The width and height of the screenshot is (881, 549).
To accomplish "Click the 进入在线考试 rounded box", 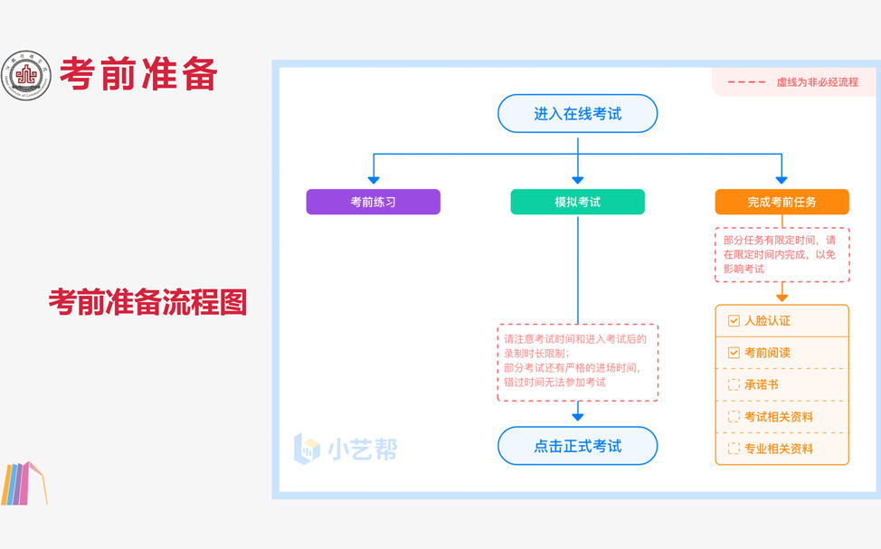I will point(577,114).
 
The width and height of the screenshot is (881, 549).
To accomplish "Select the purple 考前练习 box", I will point(373,202).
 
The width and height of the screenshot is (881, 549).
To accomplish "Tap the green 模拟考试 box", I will point(577,202).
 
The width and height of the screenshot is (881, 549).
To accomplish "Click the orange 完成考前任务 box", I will point(782,202).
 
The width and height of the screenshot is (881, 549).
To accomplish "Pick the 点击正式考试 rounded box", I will point(577,446).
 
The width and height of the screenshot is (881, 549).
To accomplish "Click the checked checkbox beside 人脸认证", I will point(734,321).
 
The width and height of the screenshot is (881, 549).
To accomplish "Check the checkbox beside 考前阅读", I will point(734,353).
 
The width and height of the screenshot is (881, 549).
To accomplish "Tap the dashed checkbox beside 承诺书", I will point(734,384).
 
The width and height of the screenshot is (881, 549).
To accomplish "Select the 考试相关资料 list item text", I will point(778,417).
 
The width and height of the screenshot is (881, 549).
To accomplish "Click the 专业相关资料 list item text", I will point(778,449).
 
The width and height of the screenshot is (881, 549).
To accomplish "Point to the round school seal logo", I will point(26,75).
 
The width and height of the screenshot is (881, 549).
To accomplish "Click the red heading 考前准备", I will point(139,74).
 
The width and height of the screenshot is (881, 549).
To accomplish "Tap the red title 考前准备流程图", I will point(147,302).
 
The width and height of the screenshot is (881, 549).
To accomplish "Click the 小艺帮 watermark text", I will point(362,449).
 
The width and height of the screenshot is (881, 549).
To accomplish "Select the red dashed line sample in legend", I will point(746,82).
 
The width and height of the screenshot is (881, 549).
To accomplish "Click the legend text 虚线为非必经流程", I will point(817,82).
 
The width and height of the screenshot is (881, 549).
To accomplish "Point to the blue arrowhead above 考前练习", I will point(374,179).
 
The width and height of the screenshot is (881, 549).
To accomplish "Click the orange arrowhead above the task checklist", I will point(782,296).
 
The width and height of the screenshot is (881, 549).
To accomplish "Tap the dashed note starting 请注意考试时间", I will point(577,362).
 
